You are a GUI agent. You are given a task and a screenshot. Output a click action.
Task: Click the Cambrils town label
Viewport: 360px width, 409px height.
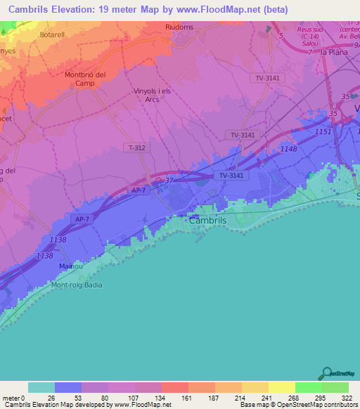tap(208, 220)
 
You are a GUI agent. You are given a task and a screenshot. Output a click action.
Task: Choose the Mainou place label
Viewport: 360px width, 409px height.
tap(72, 266)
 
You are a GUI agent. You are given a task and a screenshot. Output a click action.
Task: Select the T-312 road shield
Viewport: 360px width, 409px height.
tap(138, 148)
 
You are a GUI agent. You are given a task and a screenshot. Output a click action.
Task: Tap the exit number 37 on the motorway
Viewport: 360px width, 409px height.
tap(169, 181)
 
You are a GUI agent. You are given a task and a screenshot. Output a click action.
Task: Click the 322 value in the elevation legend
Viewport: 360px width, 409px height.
tap(347, 398)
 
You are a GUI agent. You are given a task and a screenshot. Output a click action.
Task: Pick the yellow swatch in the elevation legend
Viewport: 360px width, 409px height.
tap(281, 387)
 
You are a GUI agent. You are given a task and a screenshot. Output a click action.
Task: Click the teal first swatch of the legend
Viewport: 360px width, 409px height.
tap(41, 387)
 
